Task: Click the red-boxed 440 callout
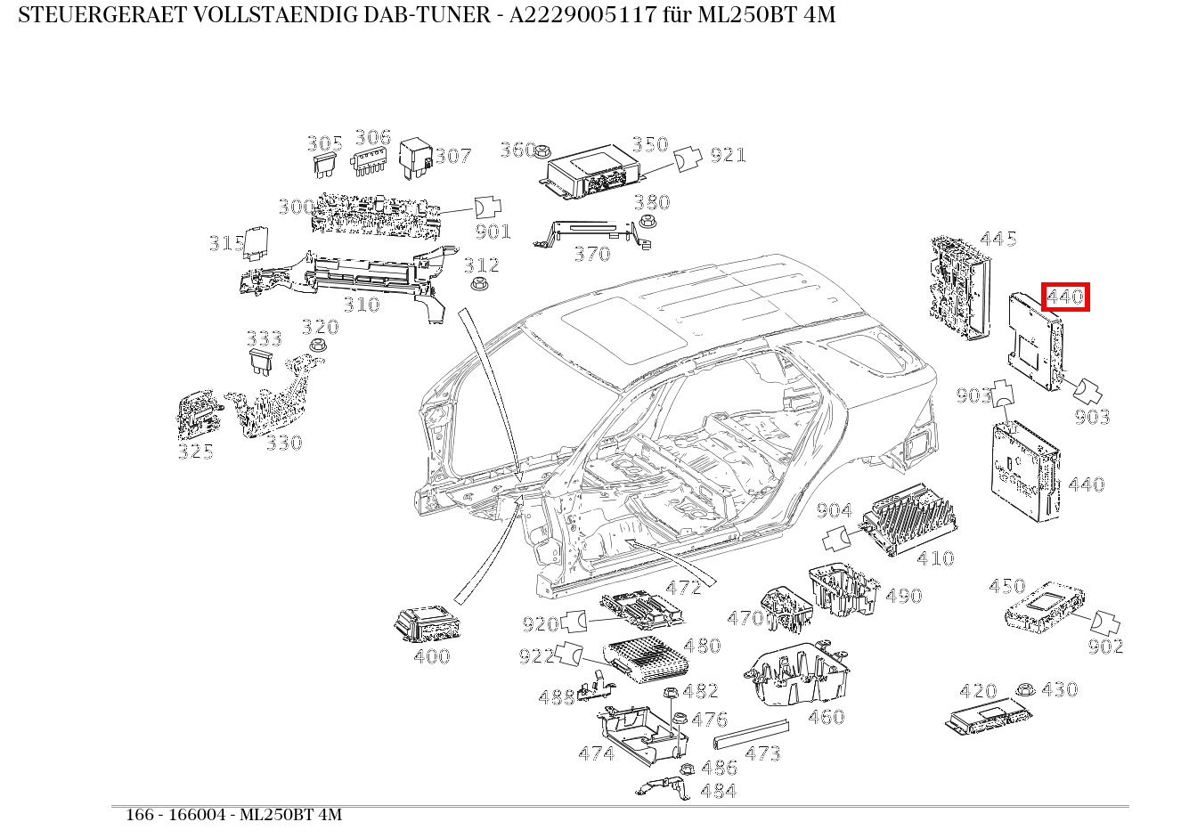click(1065, 297)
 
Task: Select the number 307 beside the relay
click(452, 157)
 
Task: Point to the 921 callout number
click(728, 155)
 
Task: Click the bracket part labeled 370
click(588, 234)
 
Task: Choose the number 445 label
click(998, 239)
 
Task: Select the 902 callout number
click(1105, 647)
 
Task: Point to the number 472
click(683, 587)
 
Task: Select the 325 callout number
click(195, 452)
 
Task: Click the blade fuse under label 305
click(323, 163)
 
